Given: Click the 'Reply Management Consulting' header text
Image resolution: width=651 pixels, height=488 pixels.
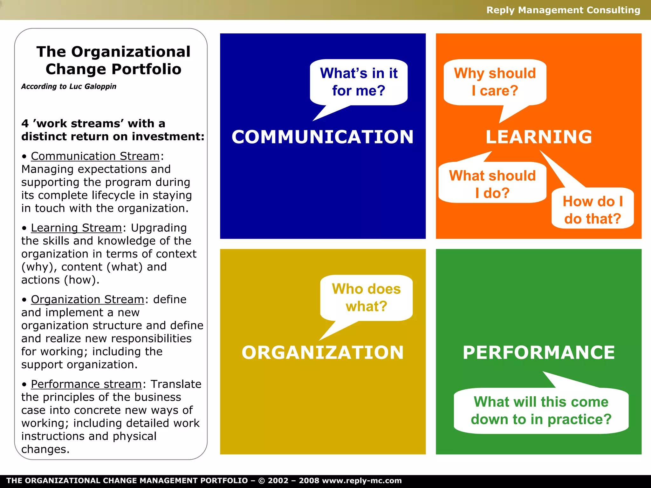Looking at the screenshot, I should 563,10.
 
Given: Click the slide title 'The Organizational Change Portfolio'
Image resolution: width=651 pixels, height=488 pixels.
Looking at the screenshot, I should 113,60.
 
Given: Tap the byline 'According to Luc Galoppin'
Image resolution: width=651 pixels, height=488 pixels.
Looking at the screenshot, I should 69,86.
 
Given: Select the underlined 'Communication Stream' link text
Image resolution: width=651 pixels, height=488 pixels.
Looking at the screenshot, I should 95,156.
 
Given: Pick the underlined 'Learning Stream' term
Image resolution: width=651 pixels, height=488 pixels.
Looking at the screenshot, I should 76,228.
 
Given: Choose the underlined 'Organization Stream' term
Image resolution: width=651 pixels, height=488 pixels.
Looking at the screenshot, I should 87,299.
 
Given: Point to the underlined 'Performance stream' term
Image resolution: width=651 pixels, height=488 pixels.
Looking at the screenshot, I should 86,384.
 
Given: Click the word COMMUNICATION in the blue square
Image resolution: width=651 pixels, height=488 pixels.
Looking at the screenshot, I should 322,137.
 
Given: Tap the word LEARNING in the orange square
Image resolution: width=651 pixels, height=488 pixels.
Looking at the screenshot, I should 538,137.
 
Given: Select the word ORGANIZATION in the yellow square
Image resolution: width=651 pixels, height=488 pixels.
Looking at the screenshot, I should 322,352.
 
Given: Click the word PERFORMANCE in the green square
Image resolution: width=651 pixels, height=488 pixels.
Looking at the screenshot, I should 538,352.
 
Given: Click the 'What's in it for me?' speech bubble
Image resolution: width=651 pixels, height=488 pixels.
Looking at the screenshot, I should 359,82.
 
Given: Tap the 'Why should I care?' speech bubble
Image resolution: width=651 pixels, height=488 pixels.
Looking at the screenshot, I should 495,82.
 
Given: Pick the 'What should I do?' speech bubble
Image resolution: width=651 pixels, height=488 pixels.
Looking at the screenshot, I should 492,184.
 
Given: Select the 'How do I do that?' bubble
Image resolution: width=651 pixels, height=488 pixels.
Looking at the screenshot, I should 593,210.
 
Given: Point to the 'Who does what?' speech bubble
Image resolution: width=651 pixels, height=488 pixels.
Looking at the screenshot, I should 366,297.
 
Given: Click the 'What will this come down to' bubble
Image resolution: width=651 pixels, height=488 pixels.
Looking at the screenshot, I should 541,411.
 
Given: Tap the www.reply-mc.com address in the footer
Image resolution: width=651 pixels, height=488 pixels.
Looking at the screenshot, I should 362,481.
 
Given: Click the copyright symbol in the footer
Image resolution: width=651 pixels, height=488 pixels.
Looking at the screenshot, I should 261,481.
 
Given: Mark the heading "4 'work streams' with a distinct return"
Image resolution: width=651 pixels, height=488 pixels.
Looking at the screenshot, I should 113,130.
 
